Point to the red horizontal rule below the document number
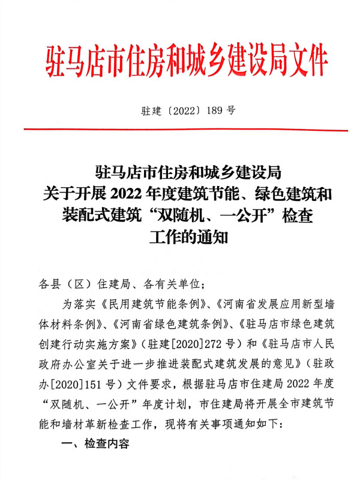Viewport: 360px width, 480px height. click(x=186, y=130)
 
